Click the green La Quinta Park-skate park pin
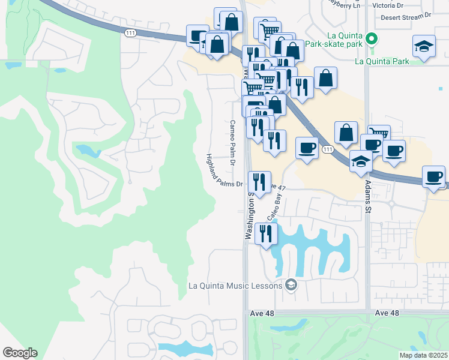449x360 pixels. (372, 40)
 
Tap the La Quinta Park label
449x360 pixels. (382, 61)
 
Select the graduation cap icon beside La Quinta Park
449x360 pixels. (424, 47)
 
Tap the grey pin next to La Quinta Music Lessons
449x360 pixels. (291, 284)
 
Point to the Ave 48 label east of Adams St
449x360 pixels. (387, 314)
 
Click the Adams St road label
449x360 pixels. (367, 197)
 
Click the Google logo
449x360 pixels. (20, 353)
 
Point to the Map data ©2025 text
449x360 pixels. (423, 355)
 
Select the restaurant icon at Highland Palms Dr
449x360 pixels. (259, 181)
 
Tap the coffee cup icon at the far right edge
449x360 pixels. (434, 176)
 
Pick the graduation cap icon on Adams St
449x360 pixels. (361, 161)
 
